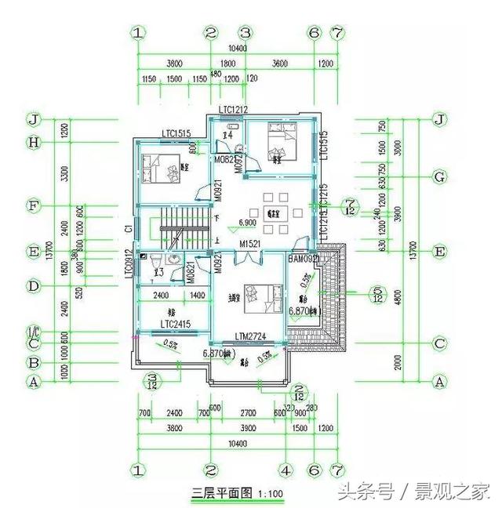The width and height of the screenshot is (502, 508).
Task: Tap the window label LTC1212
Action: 233,109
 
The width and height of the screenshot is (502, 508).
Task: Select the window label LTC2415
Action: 175,323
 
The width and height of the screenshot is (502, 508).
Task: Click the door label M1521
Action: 250,244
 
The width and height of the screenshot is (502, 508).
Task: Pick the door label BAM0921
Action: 304,258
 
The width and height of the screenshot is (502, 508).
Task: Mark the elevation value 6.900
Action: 238,224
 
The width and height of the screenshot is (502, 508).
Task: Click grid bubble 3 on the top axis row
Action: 245,33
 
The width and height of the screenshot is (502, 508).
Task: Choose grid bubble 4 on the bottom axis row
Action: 286,471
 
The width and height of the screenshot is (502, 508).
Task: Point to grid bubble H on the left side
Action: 33,142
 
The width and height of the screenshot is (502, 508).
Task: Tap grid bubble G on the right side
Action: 440,177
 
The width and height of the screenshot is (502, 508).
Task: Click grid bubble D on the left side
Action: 33,286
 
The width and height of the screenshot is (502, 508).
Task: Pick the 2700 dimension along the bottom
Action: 248,412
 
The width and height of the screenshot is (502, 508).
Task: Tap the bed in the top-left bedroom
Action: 162,167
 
